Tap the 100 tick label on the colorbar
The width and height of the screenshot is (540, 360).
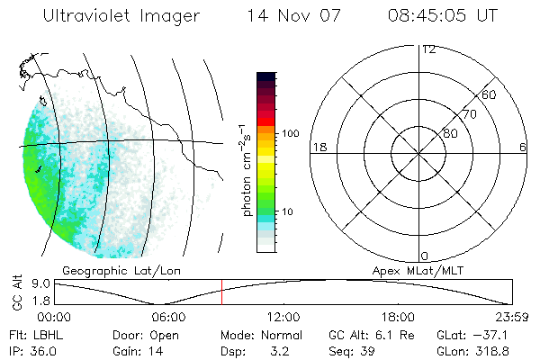[x=289, y=133]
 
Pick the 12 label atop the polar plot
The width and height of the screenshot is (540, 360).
[x=428, y=49]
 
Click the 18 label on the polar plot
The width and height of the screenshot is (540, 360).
[x=318, y=147]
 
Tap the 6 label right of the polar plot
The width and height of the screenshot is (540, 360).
[x=523, y=147]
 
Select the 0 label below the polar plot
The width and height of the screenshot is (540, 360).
[x=425, y=256]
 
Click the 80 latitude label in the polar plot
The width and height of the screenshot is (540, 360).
[x=449, y=133]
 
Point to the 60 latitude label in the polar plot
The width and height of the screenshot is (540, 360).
[x=489, y=94]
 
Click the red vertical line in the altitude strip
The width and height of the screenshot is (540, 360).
[x=221, y=292]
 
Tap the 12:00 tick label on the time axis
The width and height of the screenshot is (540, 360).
[x=284, y=316]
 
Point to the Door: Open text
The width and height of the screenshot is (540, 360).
[x=142, y=333]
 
